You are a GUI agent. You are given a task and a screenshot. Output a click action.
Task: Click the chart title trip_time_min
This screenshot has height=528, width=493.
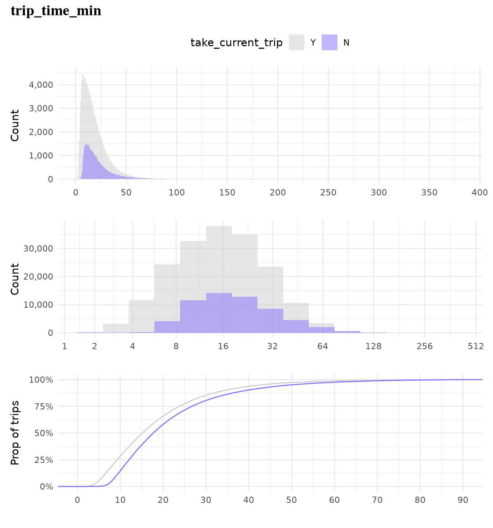click(x=56, y=11)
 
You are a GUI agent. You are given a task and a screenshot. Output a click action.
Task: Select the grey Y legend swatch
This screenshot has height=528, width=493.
click(x=296, y=42)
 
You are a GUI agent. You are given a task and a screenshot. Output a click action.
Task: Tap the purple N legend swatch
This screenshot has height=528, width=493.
click(x=329, y=42)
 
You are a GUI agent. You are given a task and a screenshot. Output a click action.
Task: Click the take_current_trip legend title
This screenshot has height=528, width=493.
click(x=236, y=43)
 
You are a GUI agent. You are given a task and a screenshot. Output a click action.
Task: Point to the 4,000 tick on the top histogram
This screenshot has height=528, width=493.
click(x=40, y=85)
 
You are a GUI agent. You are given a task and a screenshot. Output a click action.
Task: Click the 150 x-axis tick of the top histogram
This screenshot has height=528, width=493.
click(x=227, y=192)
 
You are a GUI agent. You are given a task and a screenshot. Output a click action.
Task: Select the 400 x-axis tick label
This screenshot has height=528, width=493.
click(x=480, y=192)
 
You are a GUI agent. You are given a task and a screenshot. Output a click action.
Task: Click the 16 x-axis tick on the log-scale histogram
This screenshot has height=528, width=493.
click(x=223, y=346)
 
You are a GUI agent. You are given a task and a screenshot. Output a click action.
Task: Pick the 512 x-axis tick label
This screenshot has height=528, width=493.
click(x=476, y=346)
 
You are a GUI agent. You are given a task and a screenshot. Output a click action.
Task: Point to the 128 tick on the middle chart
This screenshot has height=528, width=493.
click(x=374, y=346)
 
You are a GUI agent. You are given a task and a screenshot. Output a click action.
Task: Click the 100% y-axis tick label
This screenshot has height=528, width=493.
click(x=41, y=379)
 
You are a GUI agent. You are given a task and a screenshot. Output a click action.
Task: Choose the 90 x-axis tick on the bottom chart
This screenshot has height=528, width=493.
click(x=463, y=500)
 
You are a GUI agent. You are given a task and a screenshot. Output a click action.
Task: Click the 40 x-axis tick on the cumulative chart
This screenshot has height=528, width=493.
click(x=249, y=500)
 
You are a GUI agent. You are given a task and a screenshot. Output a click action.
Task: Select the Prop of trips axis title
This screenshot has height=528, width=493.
click(x=15, y=433)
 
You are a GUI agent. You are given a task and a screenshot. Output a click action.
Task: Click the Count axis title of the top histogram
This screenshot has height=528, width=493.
click(x=15, y=125)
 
